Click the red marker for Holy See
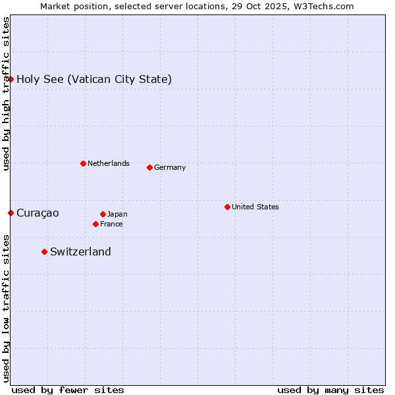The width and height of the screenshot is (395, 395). [x=11, y=79]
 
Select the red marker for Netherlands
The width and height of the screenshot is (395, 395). [x=83, y=163]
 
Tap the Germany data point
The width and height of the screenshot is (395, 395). [x=149, y=167]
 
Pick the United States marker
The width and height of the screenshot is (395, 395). [x=227, y=207]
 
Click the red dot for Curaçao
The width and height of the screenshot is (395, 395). [x=11, y=213]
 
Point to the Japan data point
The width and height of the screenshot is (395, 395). [x=103, y=214]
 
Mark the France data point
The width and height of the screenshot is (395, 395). [x=95, y=224]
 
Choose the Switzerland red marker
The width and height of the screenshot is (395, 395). [x=44, y=251]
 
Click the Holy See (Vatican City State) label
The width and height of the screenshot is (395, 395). [x=94, y=80]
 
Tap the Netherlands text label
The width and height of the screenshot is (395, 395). [x=109, y=163]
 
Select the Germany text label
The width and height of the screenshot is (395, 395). [x=170, y=167]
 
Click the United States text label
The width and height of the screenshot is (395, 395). [x=255, y=207]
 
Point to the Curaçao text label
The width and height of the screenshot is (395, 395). [x=38, y=213]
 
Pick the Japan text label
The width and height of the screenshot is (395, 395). [x=117, y=214]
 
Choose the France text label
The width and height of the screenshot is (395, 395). [x=111, y=224]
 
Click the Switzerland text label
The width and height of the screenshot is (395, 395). [x=80, y=251]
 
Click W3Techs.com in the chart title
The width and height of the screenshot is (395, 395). [x=322, y=6]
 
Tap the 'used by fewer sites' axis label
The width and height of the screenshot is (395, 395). [x=68, y=390]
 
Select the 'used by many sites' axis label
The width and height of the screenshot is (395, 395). [x=330, y=390]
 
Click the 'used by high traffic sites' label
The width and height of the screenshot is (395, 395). [x=6, y=93]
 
